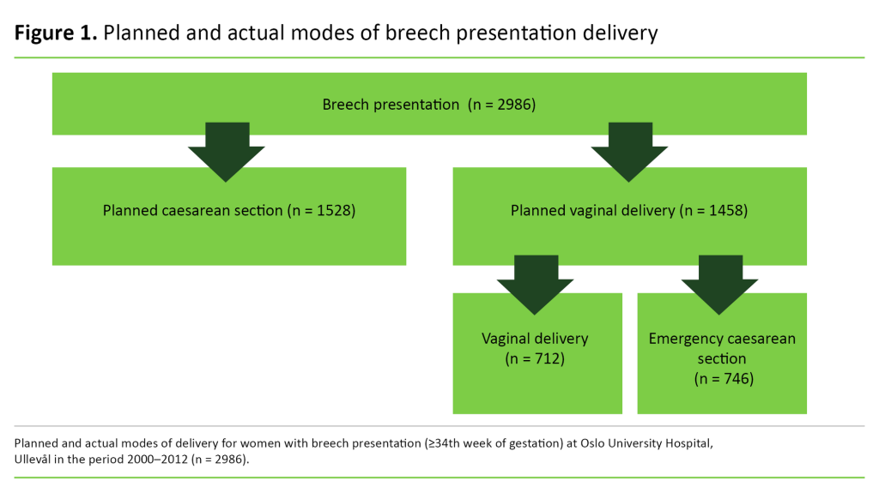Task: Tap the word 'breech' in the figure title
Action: click(410, 33)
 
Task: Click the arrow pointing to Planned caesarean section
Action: click(227, 151)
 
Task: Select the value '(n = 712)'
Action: click(535, 358)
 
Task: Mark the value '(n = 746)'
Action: click(723, 377)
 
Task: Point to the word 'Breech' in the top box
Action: click(344, 105)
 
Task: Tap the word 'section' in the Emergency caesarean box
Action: click(722, 358)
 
